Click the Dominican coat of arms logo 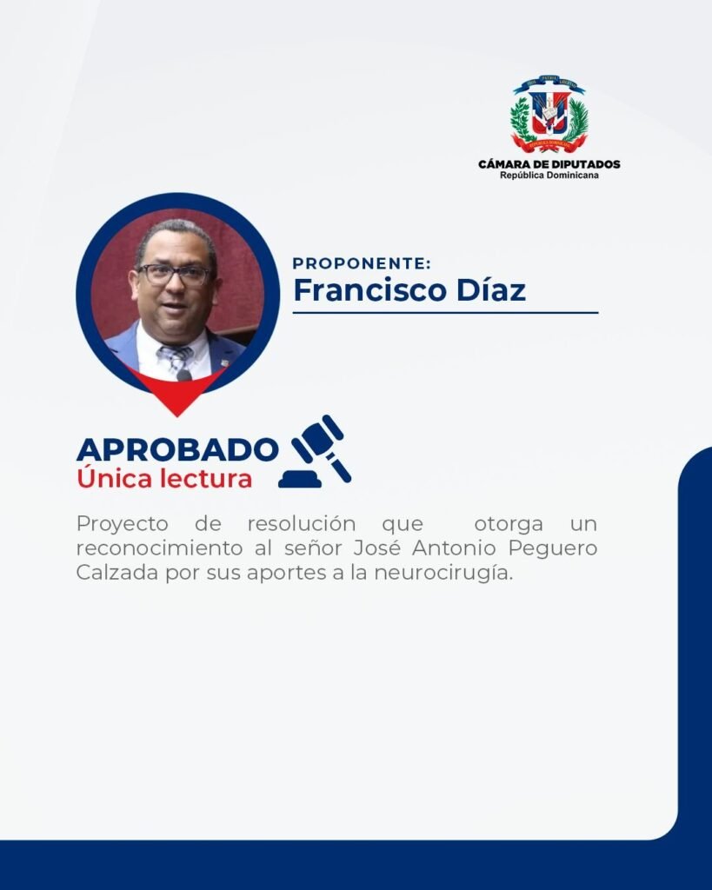tap(549, 114)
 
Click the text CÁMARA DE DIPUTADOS tap(549, 164)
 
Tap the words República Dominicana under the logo tap(549, 176)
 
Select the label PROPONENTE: tap(362, 263)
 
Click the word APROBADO tap(177, 449)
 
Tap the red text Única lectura tap(164, 478)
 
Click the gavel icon tap(315, 451)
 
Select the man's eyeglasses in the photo tap(174, 275)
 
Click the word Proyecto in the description tap(122, 524)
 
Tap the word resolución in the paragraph tap(302, 523)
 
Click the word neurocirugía tap(443, 574)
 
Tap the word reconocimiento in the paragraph tap(160, 548)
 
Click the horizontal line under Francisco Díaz tap(446, 312)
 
